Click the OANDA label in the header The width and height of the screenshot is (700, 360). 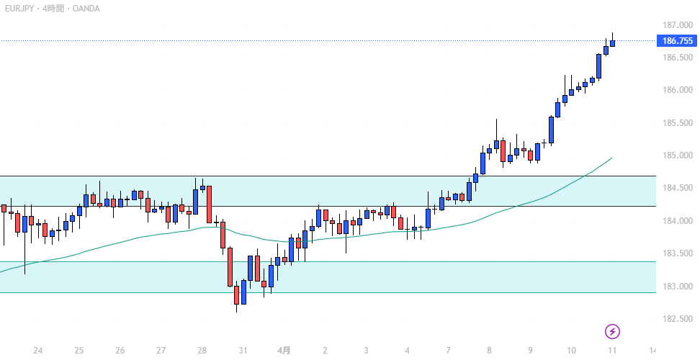tap(85, 9)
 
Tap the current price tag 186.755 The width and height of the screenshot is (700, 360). tap(678, 41)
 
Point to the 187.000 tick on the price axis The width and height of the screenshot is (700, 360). tap(677, 24)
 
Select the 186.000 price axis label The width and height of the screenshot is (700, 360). tap(677, 90)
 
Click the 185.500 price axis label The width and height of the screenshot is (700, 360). tap(677, 123)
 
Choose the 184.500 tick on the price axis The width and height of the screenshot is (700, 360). tap(677, 189)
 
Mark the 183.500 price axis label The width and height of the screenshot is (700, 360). tap(677, 253)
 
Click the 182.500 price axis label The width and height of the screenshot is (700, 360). tap(677, 319)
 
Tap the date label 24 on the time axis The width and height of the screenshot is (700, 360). tap(38, 351)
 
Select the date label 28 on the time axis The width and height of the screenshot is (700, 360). tap(202, 351)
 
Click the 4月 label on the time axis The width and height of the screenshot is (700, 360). tap(284, 351)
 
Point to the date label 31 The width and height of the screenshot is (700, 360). tap(243, 351)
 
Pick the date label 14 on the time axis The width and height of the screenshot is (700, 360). tap(653, 351)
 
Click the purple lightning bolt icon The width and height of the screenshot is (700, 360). tap(612, 331)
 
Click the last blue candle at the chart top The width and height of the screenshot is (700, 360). tap(612, 43)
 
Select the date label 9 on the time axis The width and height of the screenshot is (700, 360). tap(530, 351)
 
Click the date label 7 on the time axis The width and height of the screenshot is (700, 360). tap(448, 351)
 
